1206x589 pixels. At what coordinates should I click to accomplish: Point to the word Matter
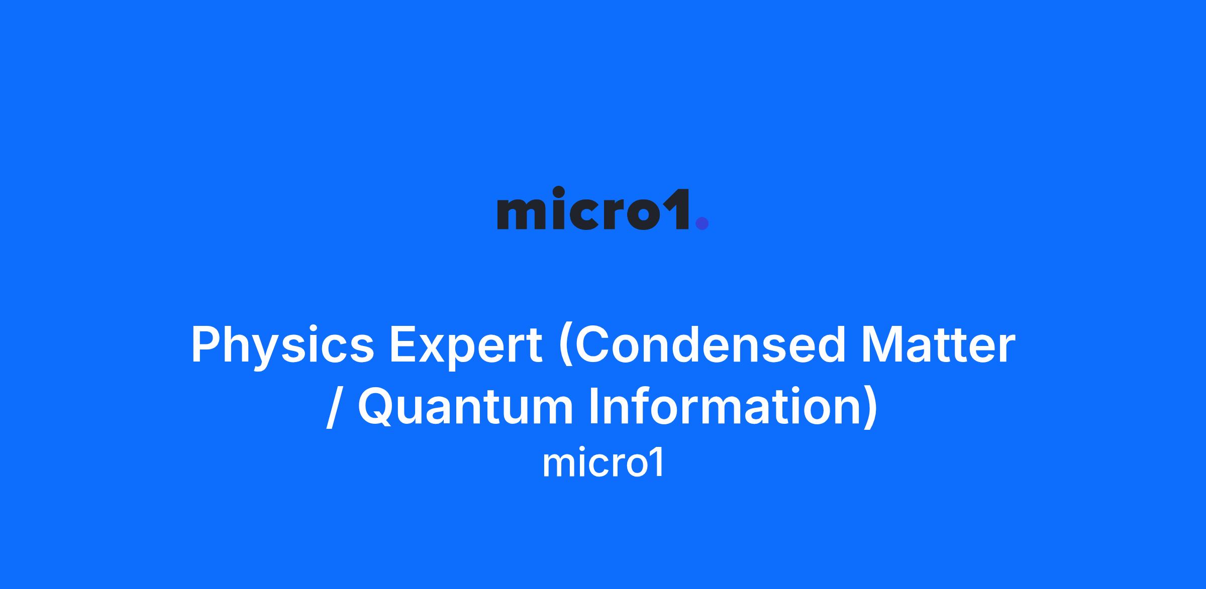[938, 345]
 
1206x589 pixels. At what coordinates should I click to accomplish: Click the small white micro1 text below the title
[603, 463]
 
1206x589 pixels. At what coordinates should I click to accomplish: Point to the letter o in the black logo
[643, 213]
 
